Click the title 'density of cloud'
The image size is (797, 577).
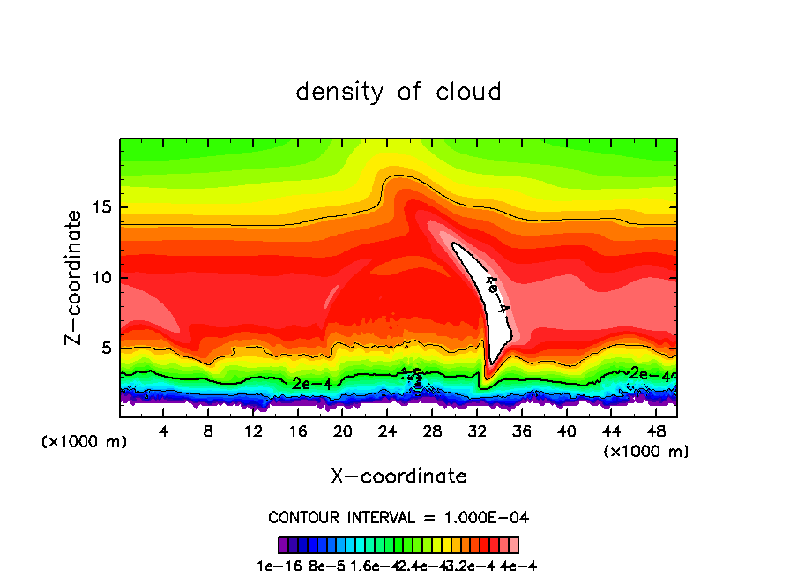[x=398, y=91]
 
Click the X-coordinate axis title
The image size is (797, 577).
[x=398, y=476]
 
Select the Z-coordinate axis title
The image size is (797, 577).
[x=75, y=277]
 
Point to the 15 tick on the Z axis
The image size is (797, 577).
[x=105, y=207]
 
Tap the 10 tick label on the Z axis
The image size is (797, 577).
[x=105, y=278]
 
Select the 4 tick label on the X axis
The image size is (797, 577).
[x=164, y=431]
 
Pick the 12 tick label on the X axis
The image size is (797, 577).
[x=253, y=431]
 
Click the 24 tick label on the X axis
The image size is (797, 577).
[x=387, y=431]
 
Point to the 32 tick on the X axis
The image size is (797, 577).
[x=476, y=431]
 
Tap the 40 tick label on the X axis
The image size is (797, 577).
[x=566, y=431]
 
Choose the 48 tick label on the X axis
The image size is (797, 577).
[x=655, y=431]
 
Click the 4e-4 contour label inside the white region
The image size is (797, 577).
[x=497, y=296]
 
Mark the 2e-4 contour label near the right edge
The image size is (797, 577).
[x=651, y=374]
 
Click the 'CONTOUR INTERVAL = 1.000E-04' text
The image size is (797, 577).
[x=398, y=517]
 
